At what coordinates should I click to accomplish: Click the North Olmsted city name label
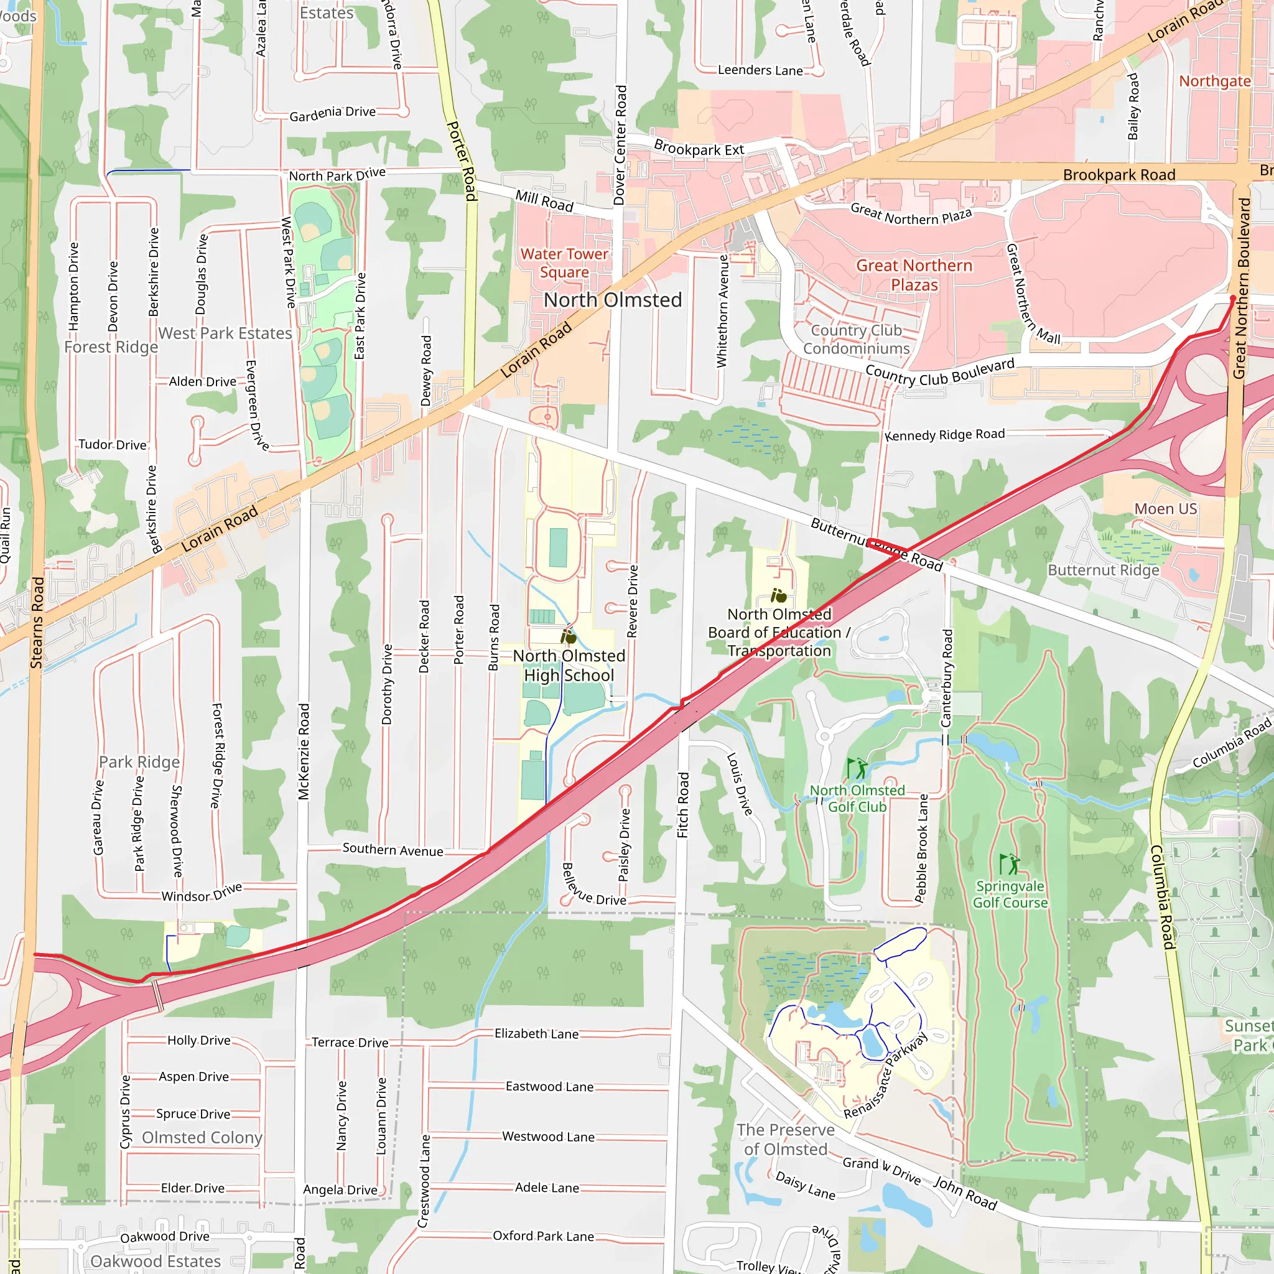pyautogui.click(x=613, y=300)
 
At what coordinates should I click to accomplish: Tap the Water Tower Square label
pyautogui.click(x=564, y=263)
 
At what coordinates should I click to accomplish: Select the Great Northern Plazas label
pyautogui.click(x=914, y=275)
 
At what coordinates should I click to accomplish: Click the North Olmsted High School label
pyautogui.click(x=569, y=666)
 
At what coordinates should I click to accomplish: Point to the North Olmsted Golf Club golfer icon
pyautogui.click(x=857, y=768)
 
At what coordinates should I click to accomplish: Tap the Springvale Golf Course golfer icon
pyautogui.click(x=1010, y=863)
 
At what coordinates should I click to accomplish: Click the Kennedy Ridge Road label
pyautogui.click(x=944, y=435)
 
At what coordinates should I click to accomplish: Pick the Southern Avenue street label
pyautogui.click(x=393, y=850)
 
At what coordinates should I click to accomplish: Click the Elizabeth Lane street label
pyautogui.click(x=537, y=1033)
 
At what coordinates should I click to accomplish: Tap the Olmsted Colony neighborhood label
pyautogui.click(x=202, y=1138)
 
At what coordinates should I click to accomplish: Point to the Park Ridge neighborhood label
pyautogui.click(x=139, y=761)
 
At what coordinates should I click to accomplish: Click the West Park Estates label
pyautogui.click(x=225, y=333)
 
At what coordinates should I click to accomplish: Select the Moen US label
pyautogui.click(x=1165, y=508)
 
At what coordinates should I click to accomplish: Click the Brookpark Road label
pyautogui.click(x=1119, y=175)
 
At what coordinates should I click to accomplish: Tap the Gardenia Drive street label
pyautogui.click(x=332, y=113)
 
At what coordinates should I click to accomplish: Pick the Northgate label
pyautogui.click(x=1215, y=81)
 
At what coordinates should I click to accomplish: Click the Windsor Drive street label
pyautogui.click(x=202, y=893)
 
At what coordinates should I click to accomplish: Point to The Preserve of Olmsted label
pyautogui.click(x=786, y=1140)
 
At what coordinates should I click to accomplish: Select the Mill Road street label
pyautogui.click(x=544, y=201)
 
